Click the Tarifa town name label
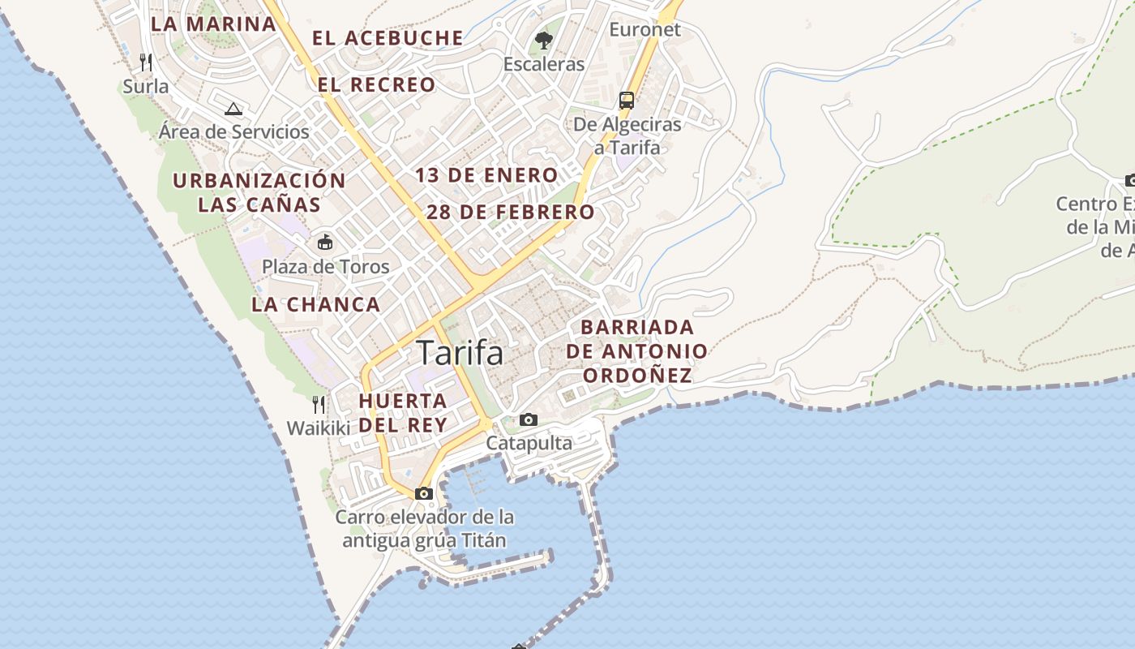460,354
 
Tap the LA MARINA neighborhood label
214,24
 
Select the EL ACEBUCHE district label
388,38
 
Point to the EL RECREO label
376,84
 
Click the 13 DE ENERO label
486,175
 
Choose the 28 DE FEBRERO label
511,213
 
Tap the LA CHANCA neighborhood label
315,305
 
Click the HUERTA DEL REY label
403,413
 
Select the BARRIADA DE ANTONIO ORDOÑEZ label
637,351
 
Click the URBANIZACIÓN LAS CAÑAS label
259,192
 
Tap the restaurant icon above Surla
146,62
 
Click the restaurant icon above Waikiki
319,404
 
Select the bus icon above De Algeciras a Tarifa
627,101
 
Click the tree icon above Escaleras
544,40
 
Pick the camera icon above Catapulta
529,419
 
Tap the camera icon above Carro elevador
423,493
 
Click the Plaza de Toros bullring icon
325,242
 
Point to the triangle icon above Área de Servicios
233,109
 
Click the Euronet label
645,30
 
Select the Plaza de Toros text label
325,267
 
